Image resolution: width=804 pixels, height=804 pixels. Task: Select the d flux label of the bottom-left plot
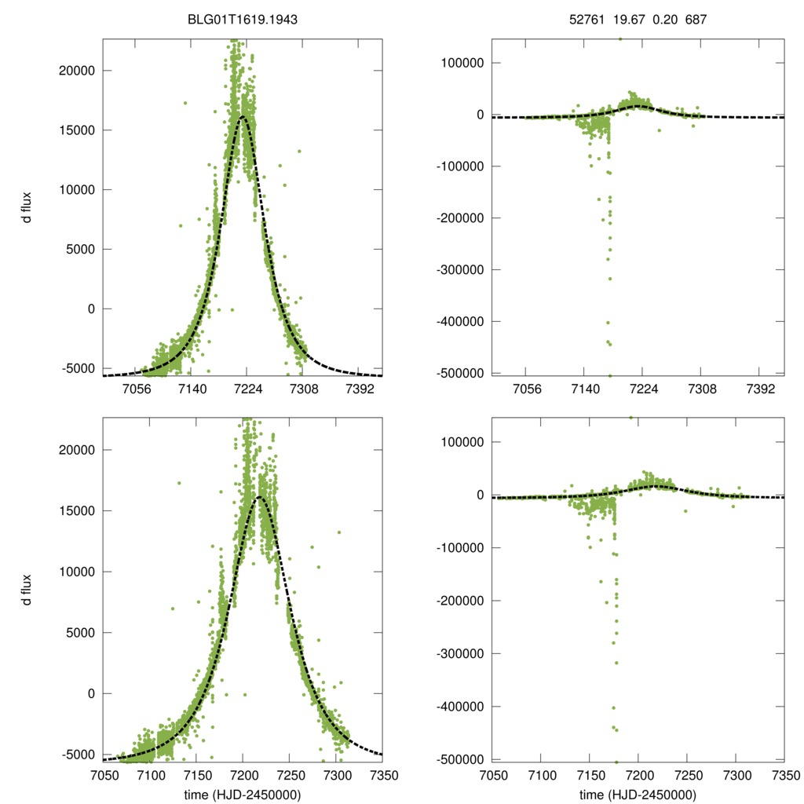pos(26,589)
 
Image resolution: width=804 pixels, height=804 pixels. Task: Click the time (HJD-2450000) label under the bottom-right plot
pos(638,795)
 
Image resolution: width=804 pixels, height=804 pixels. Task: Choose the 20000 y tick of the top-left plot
pos(75,71)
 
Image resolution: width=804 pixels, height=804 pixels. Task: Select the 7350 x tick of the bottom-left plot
pos(382,776)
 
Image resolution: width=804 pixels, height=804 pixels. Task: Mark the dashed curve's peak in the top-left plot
pos(243,116)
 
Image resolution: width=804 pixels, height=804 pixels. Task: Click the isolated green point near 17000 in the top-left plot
pos(185,103)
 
